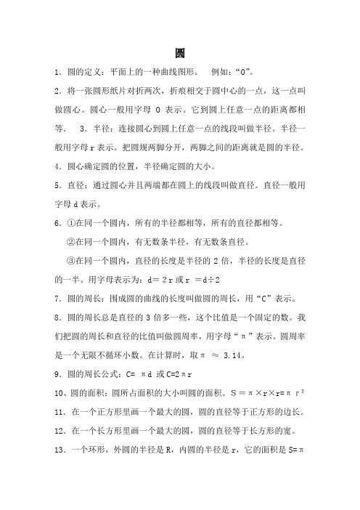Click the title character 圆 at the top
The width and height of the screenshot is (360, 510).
tap(180, 53)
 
